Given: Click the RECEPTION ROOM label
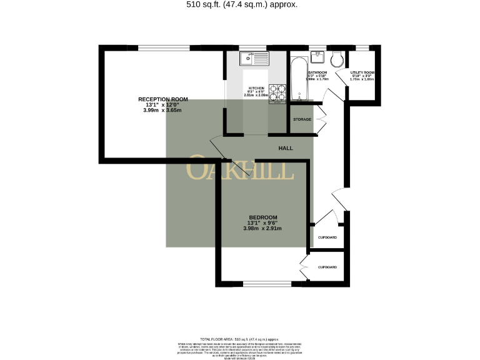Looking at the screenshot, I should pos(162,99).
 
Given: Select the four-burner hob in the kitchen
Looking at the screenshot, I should pos(277,92).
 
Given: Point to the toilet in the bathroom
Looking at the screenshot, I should pos(337,59).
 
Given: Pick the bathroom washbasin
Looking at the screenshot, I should pos(318,58).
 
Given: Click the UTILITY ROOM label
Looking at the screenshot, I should pos(361,73).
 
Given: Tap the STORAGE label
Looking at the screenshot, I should pos(302,119).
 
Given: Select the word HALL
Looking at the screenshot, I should pos(286,148).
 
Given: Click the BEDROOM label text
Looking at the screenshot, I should pos(262,217).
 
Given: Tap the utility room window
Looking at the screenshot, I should pos(362,47).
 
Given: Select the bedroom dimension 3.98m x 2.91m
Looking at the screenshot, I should pos(262,229).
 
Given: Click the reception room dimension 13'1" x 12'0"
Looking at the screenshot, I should pos(162,105).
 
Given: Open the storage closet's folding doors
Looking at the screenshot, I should pos(321,119).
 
